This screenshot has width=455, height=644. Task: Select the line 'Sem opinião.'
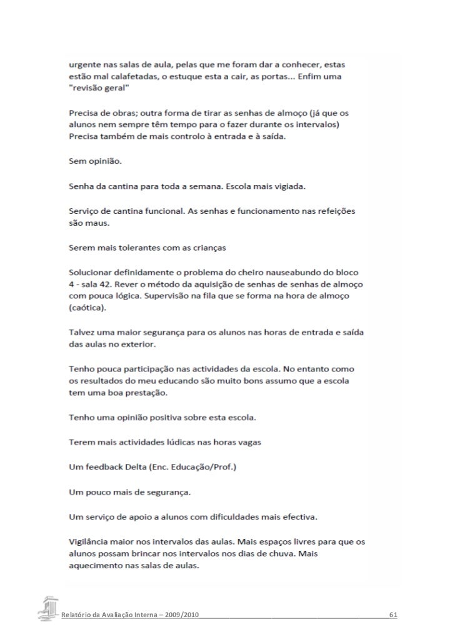click(96, 161)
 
